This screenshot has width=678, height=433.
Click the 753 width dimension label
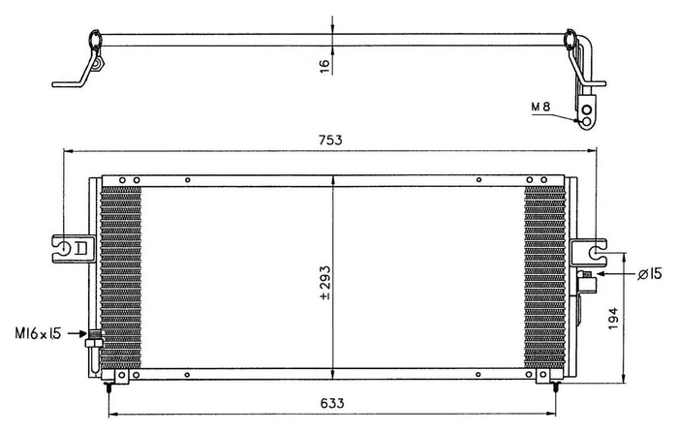tap(330, 139)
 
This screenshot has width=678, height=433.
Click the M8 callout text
tap(542, 105)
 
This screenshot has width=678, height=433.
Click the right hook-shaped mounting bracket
tap(589, 250)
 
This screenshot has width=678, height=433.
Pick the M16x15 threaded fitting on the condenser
tap(94, 338)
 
